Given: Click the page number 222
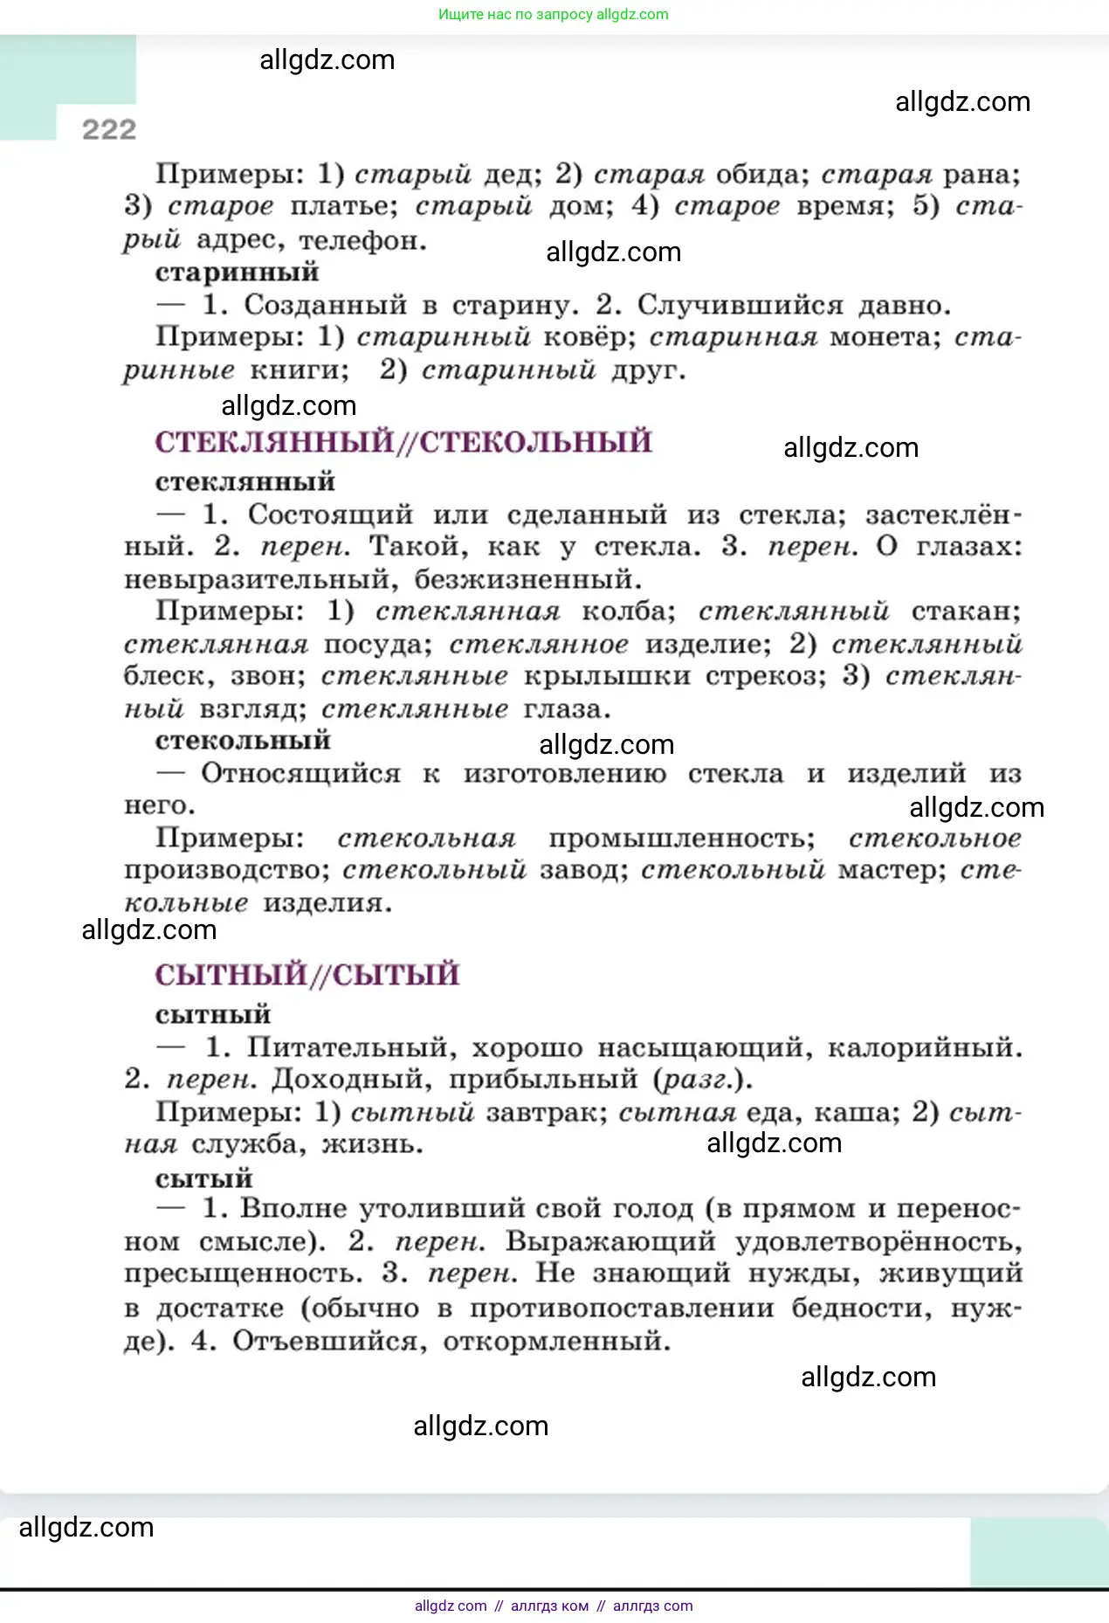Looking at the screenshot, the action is click(109, 130).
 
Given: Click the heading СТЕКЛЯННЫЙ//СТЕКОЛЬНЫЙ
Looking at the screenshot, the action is click(403, 442).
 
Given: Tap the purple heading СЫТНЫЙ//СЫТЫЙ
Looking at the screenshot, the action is click(307, 975).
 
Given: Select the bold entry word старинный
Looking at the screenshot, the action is click(237, 273).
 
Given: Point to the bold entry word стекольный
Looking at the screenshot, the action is click(243, 741).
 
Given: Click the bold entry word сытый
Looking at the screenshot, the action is click(203, 1178).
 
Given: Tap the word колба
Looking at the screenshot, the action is click(628, 611).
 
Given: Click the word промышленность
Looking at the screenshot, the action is click(681, 839).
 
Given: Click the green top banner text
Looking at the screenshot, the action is click(554, 15).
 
